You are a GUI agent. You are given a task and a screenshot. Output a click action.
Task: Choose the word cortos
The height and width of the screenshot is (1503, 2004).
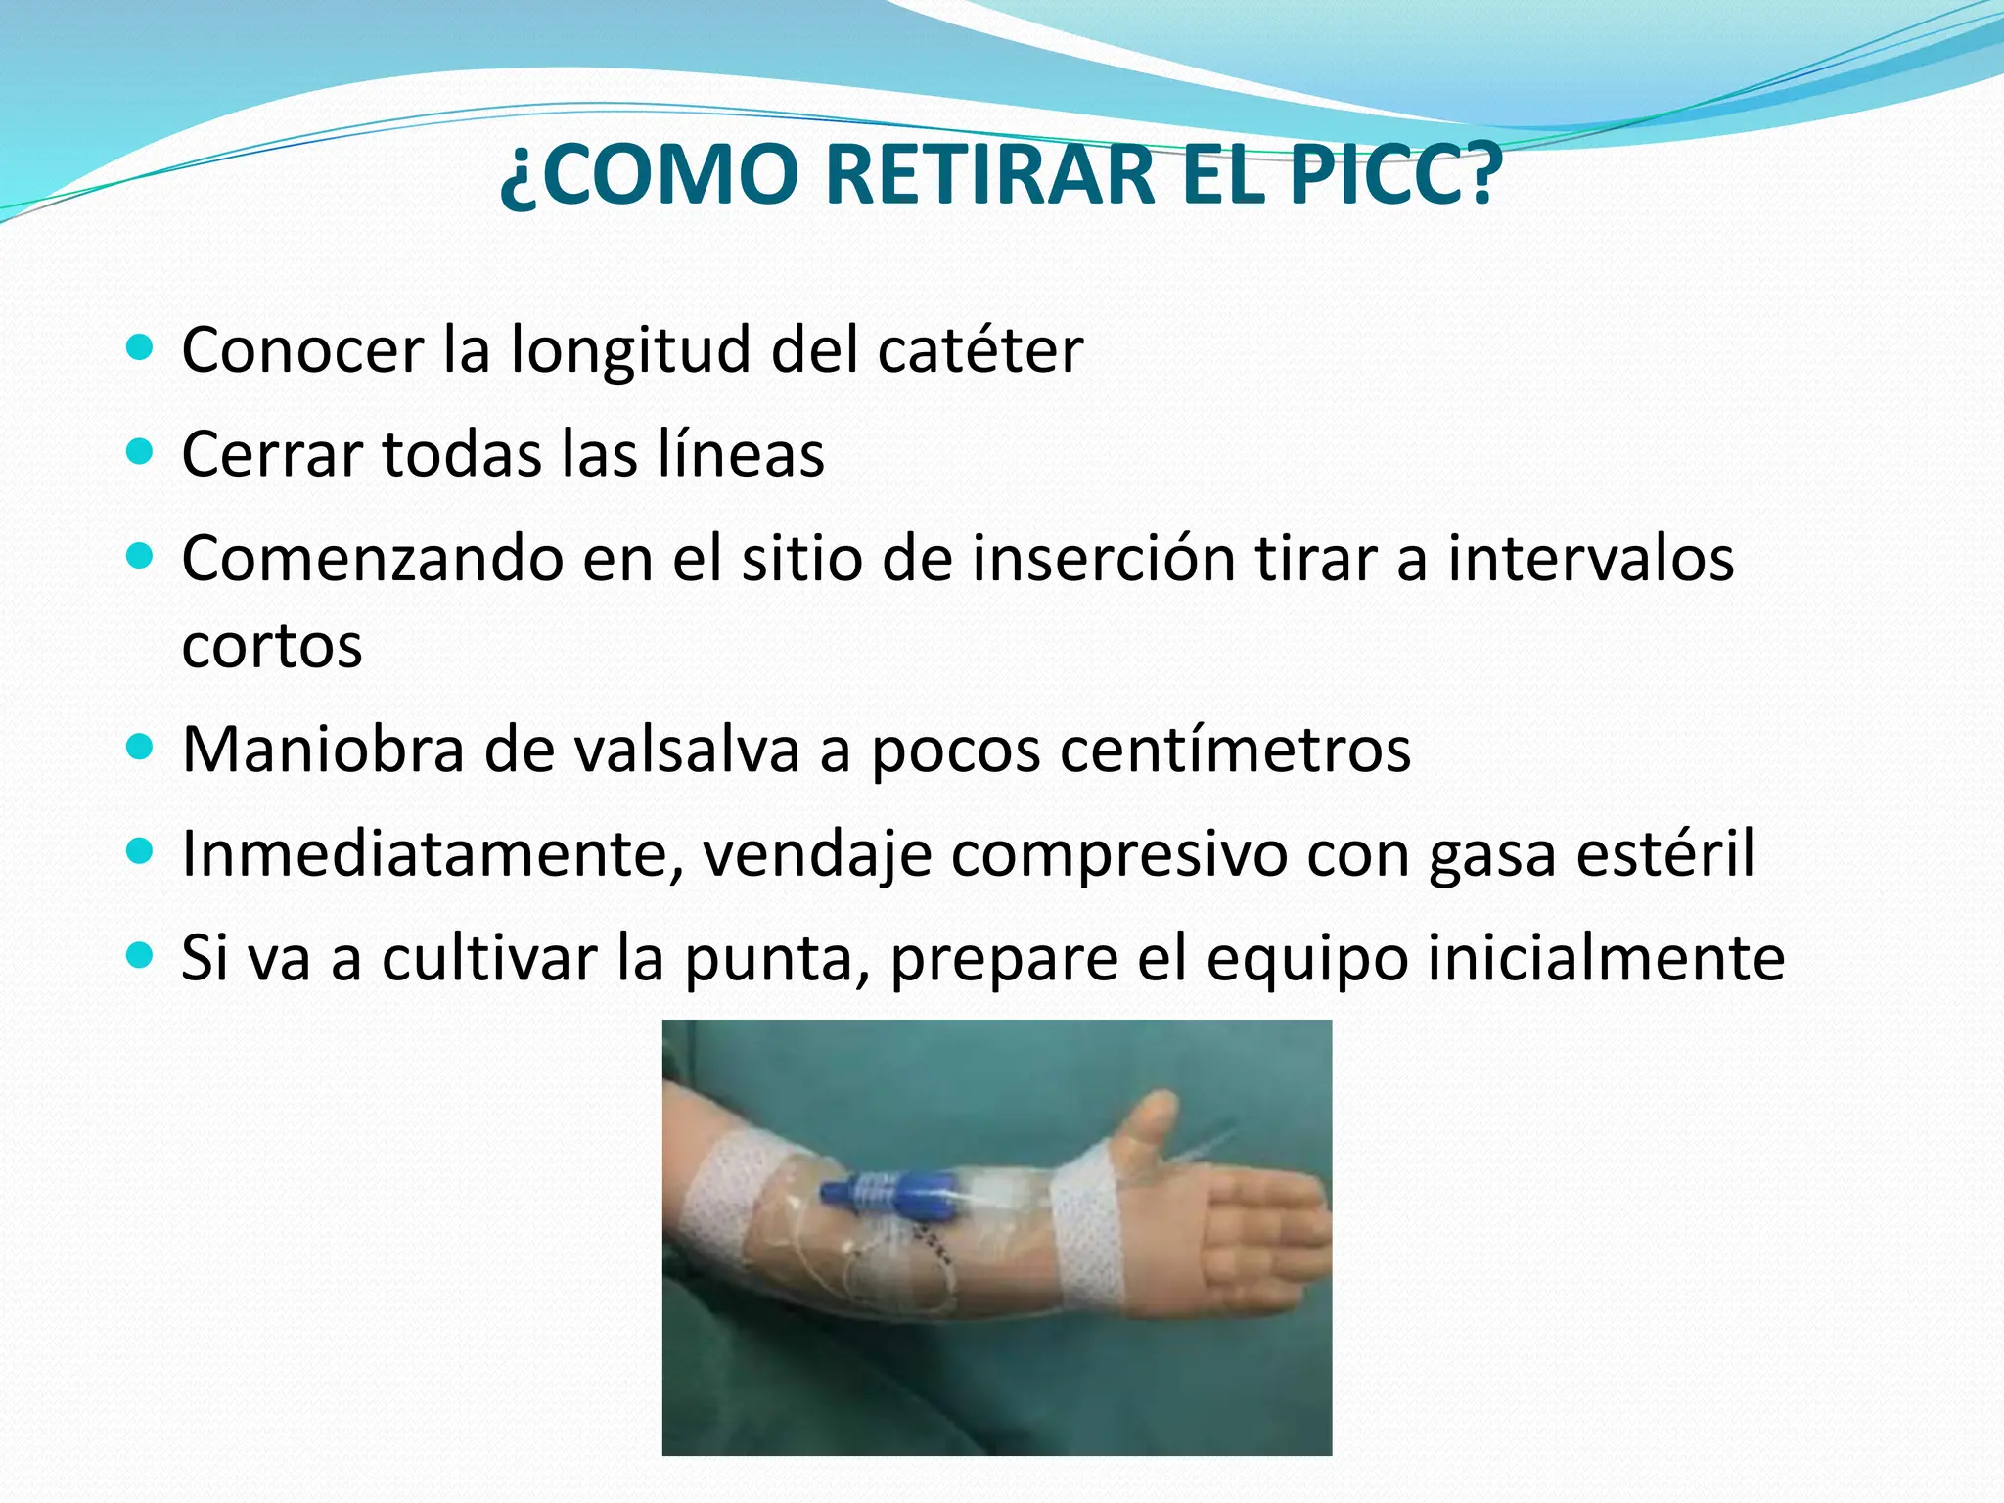pos(272,646)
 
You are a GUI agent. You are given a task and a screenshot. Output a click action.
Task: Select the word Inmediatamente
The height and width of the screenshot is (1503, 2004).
pos(433,854)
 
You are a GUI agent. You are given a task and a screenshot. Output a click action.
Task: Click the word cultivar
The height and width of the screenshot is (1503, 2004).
pos(489,958)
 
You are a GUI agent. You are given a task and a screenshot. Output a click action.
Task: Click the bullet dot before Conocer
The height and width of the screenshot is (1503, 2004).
pos(141,347)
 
